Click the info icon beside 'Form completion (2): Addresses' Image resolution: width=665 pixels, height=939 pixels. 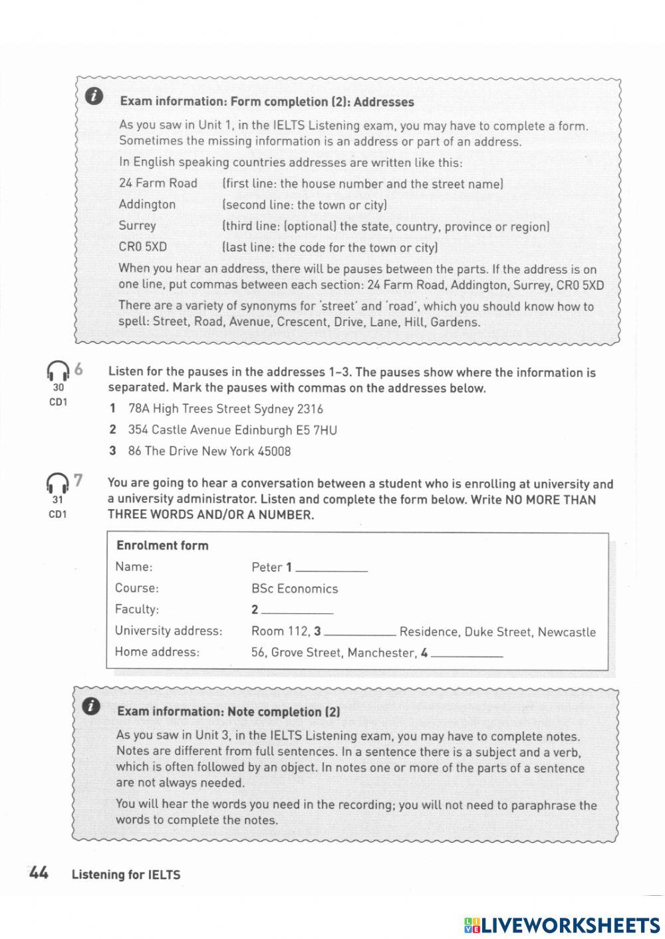point(94,96)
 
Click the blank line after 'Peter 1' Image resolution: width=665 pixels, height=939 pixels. point(331,569)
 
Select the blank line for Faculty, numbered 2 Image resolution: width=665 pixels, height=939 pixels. point(297,610)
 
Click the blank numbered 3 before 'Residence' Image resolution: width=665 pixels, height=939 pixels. point(359,632)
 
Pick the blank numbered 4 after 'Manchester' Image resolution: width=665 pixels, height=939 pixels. point(466,653)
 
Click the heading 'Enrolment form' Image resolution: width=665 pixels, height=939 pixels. point(162,546)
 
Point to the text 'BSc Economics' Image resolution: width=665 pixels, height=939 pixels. point(295,589)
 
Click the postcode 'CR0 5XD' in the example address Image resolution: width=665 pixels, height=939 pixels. point(143,247)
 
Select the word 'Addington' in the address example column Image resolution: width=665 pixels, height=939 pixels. point(147,205)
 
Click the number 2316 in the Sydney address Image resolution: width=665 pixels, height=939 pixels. point(310,409)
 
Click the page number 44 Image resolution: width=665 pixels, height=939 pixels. point(39,873)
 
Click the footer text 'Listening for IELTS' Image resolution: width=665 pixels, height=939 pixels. point(126,875)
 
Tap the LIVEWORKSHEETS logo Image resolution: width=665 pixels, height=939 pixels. point(562,924)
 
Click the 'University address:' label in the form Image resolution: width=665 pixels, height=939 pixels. point(168,631)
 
